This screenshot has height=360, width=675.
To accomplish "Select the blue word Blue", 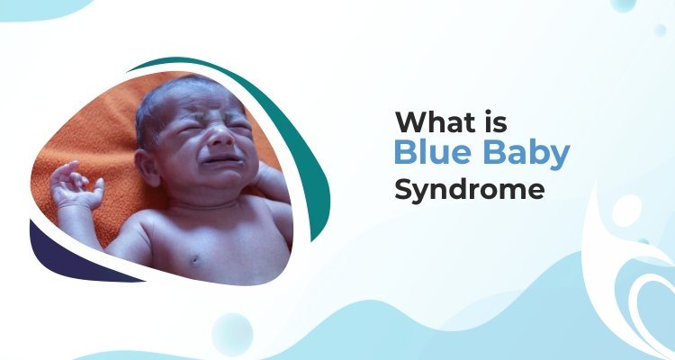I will (434, 155).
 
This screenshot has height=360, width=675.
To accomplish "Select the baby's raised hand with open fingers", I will (74, 183).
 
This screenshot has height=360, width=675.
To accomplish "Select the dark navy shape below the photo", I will (67, 256).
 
